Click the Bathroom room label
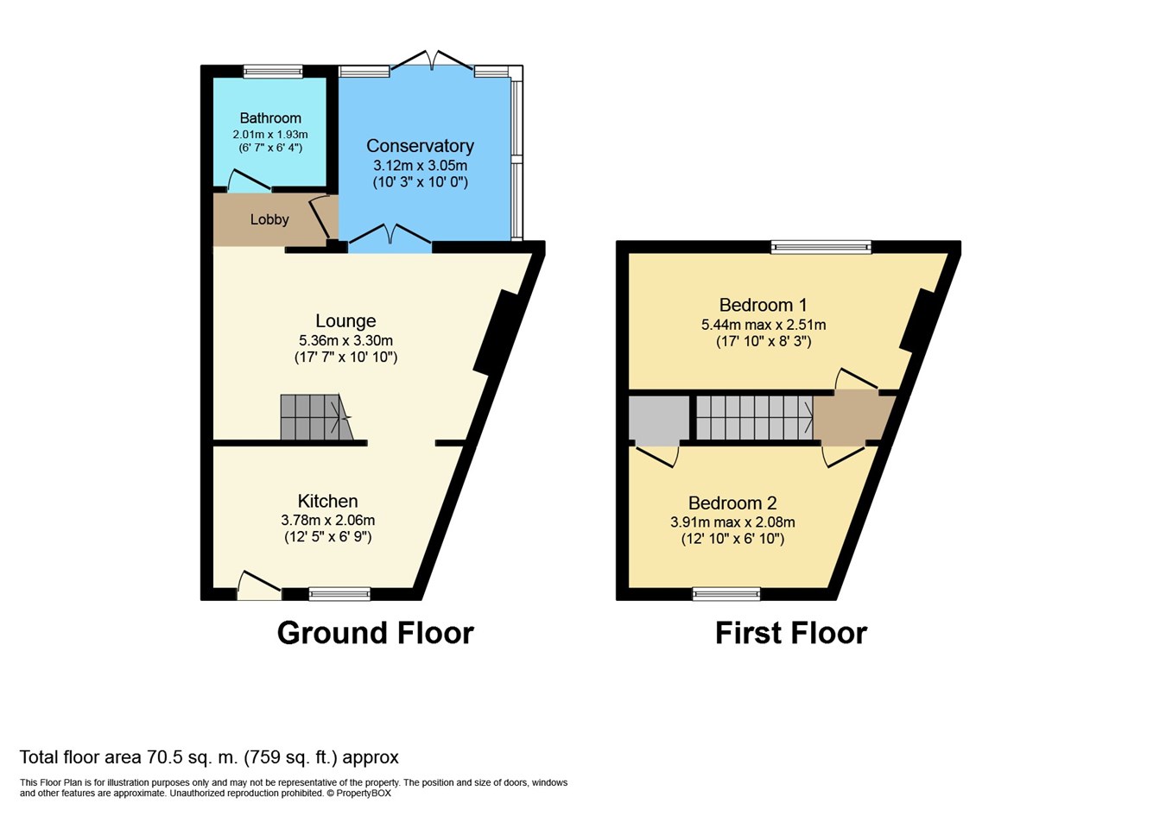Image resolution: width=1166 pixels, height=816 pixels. click(x=270, y=118)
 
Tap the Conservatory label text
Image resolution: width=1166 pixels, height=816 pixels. click(x=420, y=146)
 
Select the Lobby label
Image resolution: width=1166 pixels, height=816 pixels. click(x=269, y=219)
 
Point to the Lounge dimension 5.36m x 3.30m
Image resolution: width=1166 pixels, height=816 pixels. click(x=345, y=341)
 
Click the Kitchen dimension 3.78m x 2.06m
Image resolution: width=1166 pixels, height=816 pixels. click(x=328, y=520)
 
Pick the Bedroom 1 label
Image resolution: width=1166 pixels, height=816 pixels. click(x=764, y=305)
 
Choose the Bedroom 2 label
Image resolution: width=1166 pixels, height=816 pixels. click(x=732, y=503)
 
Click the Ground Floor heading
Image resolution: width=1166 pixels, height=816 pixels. click(x=376, y=633)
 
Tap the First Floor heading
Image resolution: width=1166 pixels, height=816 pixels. click(x=791, y=633)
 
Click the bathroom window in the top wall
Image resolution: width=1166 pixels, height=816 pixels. click(x=273, y=72)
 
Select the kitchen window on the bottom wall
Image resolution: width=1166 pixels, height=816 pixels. click(x=339, y=594)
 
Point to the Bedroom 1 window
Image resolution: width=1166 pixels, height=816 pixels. click(x=821, y=247)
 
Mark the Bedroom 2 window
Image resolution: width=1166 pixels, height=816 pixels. click(x=726, y=594)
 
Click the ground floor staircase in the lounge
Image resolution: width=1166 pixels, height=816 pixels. click(x=316, y=417)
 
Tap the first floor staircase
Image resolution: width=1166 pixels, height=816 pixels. click(x=755, y=418)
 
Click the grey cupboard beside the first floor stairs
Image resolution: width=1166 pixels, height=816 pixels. click(x=659, y=418)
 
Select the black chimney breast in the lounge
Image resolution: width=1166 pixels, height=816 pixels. click(x=497, y=332)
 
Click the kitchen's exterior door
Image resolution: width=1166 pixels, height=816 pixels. click(x=259, y=586)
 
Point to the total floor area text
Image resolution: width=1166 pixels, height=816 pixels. click(x=209, y=757)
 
